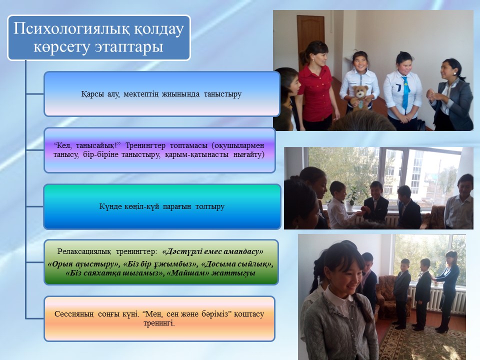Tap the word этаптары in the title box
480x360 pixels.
[128, 47]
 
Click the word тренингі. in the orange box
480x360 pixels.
[159, 323]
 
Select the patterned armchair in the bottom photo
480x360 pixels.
[386, 293]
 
